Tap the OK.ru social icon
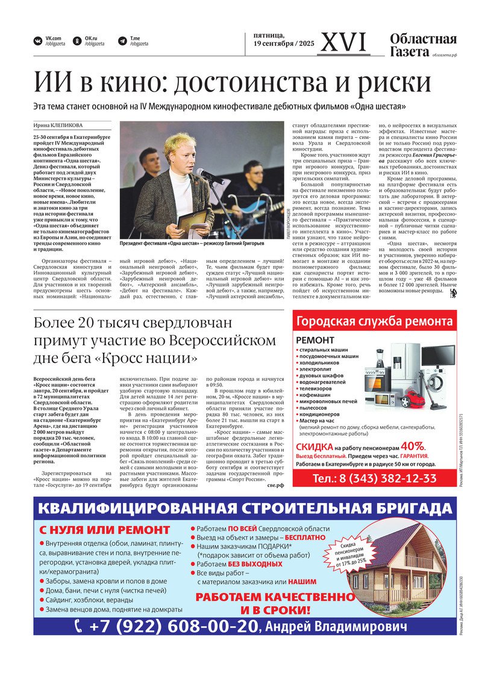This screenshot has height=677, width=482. point(77,42)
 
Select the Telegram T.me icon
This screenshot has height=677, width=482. point(122,42)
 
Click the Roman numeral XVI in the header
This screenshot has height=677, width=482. point(344,42)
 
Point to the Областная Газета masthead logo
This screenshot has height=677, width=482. point(422,46)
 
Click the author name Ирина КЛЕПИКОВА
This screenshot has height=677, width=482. point(59,125)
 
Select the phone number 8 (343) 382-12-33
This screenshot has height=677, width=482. point(375,478)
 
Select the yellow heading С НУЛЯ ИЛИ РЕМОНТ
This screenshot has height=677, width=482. point(105,530)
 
